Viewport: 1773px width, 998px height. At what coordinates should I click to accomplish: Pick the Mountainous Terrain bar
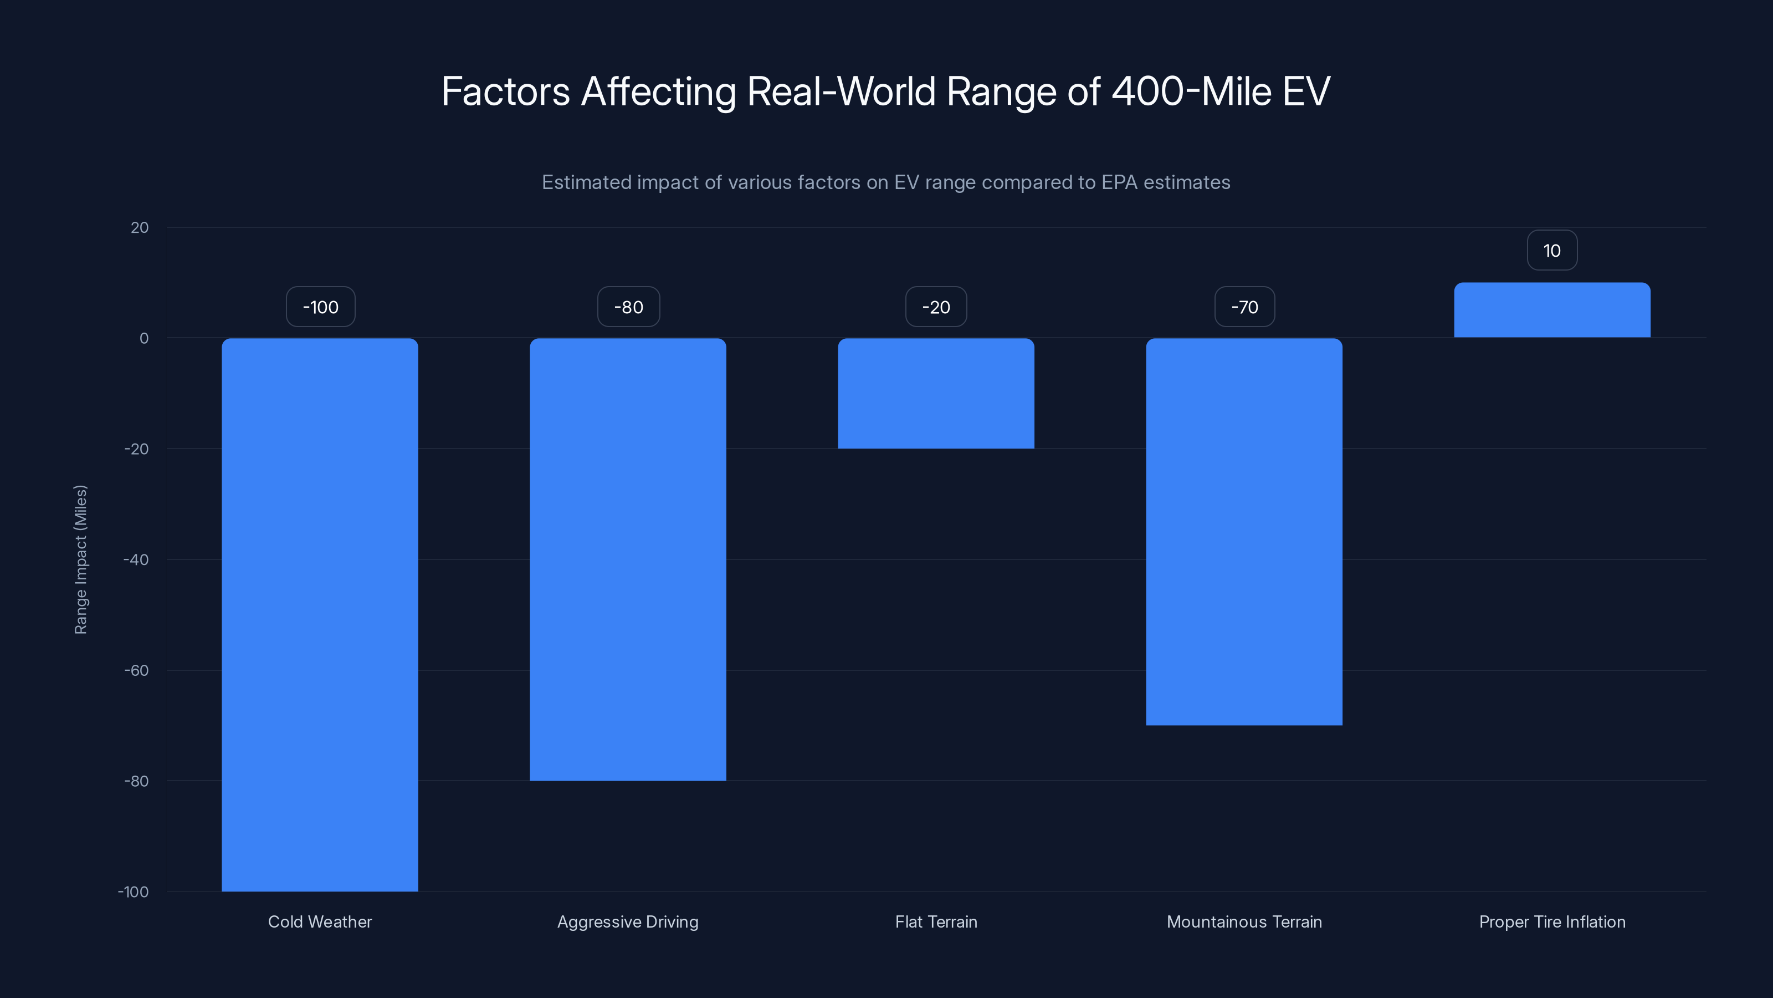(1244, 531)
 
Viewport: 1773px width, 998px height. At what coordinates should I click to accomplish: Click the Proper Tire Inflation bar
(1551, 310)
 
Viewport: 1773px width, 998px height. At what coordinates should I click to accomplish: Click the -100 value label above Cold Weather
(321, 307)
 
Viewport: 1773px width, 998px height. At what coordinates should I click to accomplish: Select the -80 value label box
(628, 307)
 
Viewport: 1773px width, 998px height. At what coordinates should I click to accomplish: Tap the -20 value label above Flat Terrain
(936, 307)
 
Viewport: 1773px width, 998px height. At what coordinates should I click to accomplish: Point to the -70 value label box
(1244, 307)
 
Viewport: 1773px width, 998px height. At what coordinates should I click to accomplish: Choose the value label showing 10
(1551, 251)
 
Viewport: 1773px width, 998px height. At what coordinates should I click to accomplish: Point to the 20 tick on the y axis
(140, 228)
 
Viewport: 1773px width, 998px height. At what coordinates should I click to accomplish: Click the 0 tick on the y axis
(144, 338)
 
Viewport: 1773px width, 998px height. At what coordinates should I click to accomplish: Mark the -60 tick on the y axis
(136, 670)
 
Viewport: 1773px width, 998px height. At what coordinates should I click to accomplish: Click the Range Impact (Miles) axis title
(80, 559)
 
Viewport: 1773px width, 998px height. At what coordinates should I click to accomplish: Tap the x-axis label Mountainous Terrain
(1244, 921)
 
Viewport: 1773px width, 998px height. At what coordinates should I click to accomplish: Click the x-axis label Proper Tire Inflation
(1551, 921)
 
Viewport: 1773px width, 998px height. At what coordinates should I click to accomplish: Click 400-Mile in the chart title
(1191, 91)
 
